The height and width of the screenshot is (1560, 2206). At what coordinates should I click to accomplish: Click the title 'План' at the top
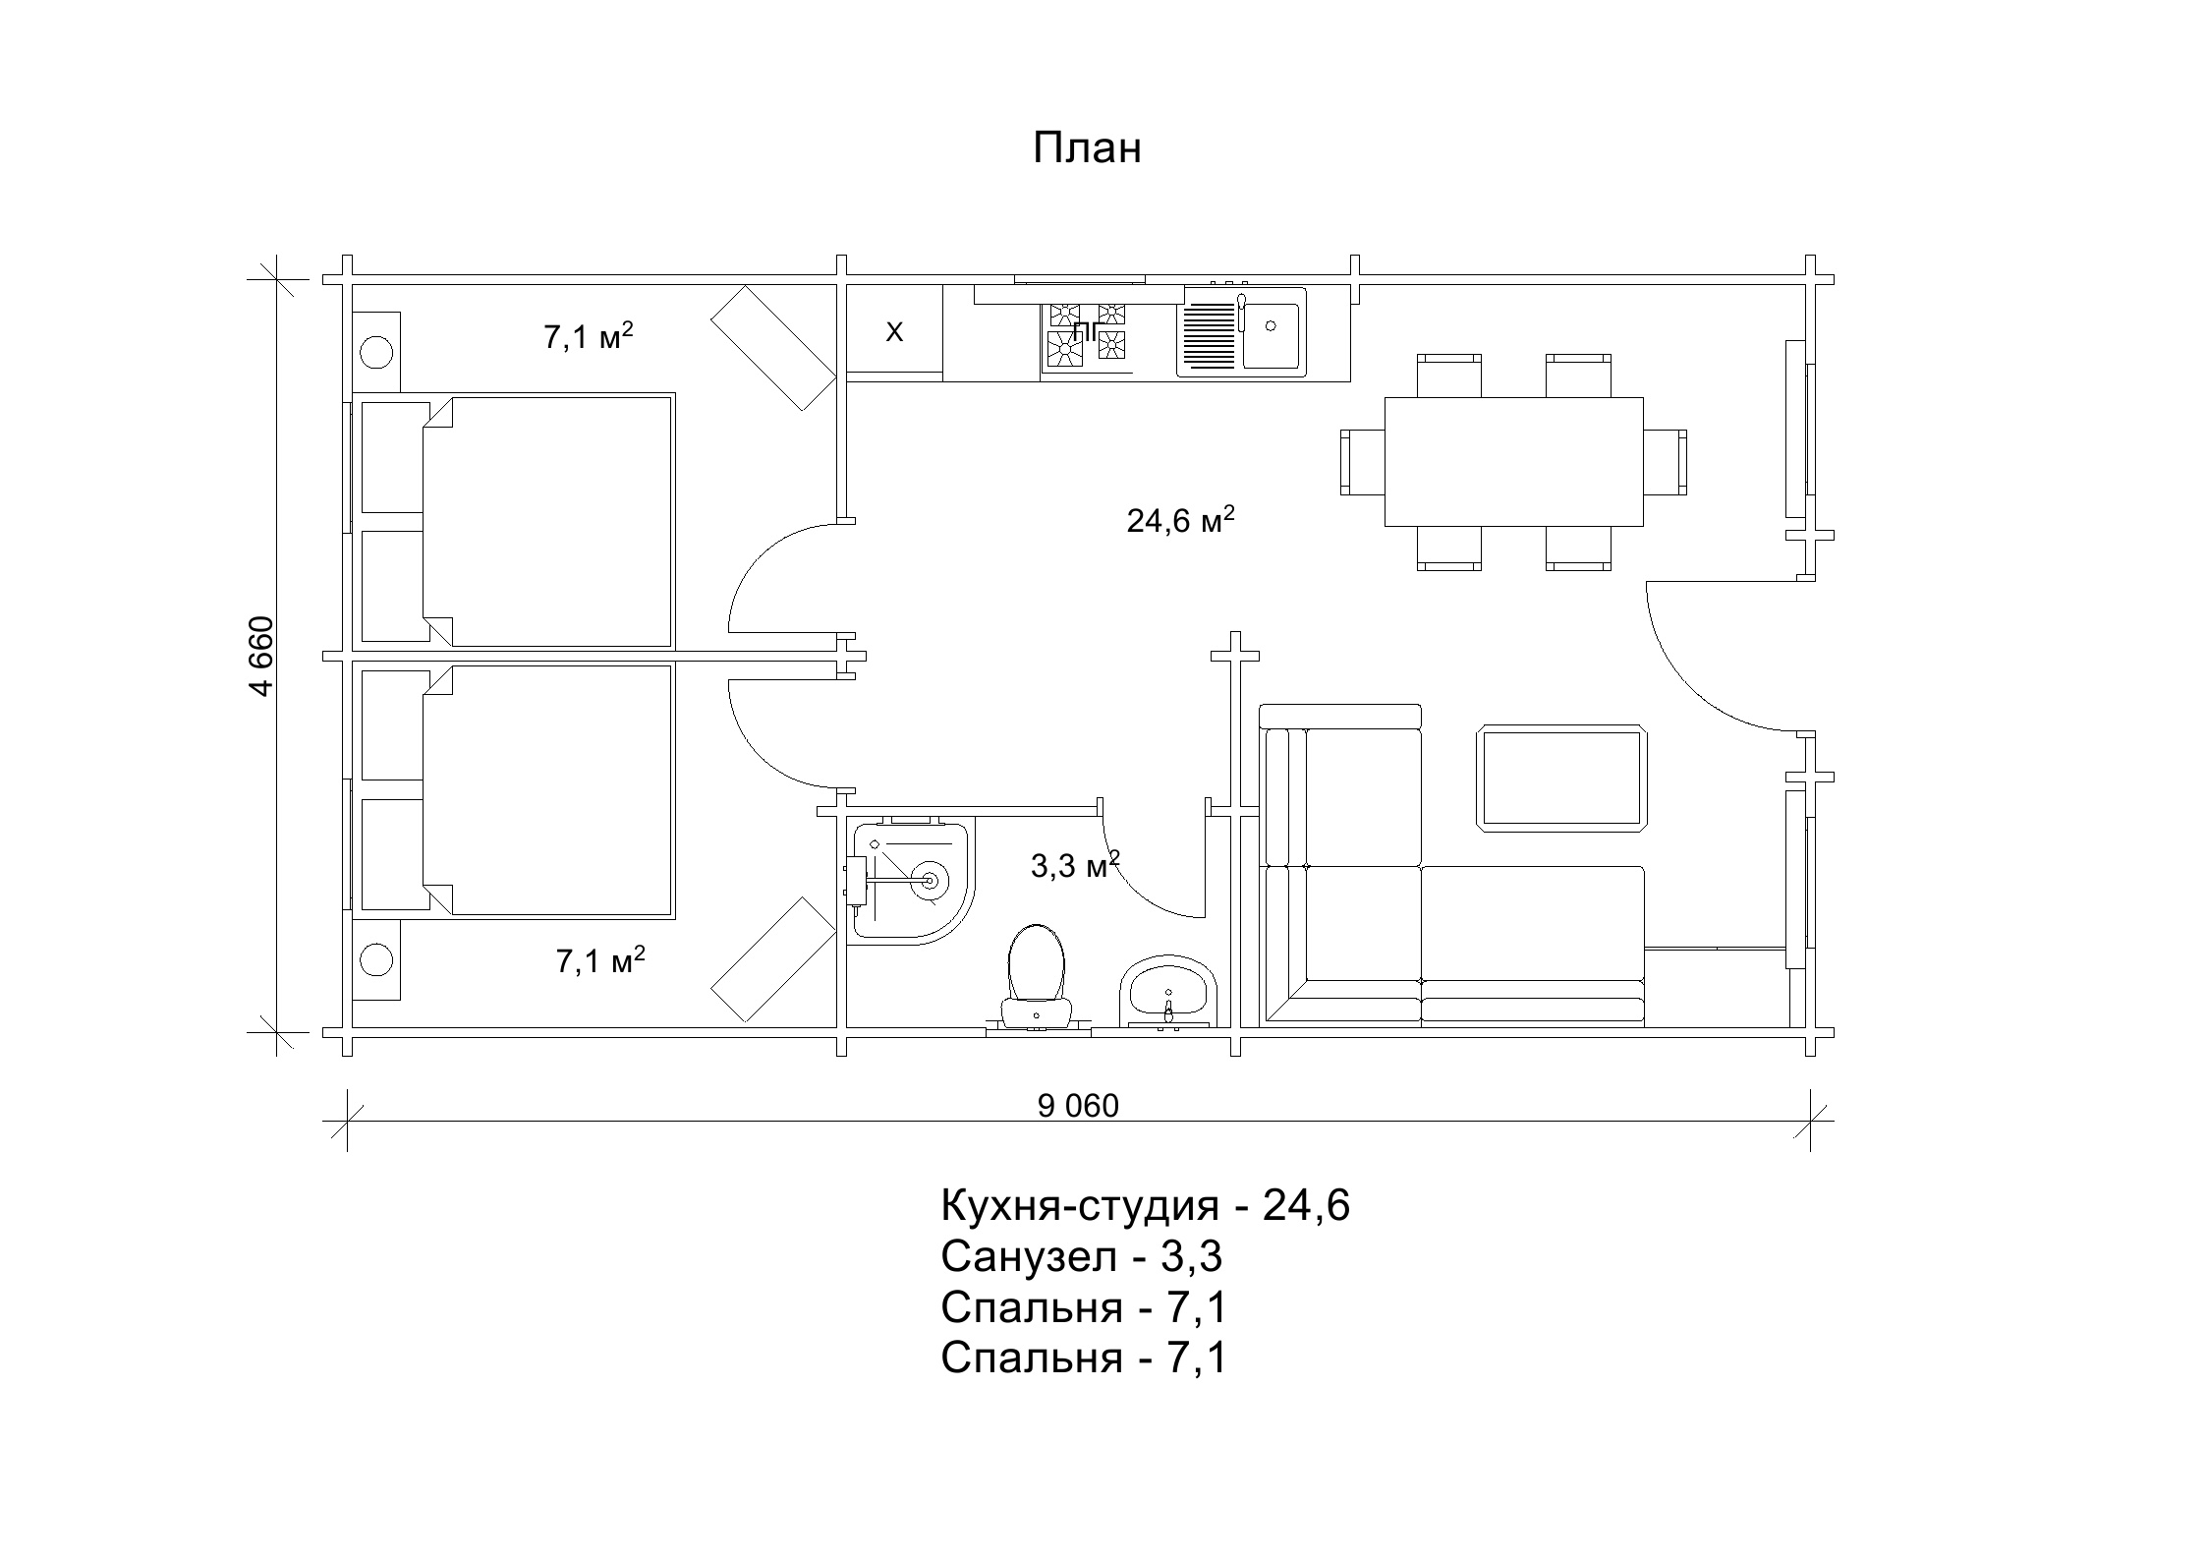click(1087, 148)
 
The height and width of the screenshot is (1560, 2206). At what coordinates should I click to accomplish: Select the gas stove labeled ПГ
click(1087, 335)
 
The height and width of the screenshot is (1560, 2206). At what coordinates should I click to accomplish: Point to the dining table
click(1513, 461)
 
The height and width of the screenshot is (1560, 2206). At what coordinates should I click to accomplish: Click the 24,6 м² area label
click(1180, 520)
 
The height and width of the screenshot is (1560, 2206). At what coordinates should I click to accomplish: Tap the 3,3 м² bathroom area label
click(1075, 865)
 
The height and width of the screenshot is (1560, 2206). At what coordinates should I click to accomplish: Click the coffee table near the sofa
click(1562, 778)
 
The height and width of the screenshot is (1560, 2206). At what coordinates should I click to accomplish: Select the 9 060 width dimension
click(1078, 1106)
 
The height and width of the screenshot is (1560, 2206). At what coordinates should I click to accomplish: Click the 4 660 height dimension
click(260, 656)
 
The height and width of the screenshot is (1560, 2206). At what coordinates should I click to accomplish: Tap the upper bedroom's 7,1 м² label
click(589, 336)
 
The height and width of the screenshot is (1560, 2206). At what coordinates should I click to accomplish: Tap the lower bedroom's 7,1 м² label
click(600, 959)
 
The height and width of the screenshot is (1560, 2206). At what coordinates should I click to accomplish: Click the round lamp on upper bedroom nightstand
click(376, 351)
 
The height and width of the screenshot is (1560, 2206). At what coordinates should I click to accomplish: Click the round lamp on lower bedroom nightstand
click(376, 959)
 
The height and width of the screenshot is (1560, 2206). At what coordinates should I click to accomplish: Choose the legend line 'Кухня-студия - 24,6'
click(1146, 1205)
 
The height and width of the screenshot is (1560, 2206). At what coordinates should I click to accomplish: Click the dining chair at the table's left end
click(1363, 461)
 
